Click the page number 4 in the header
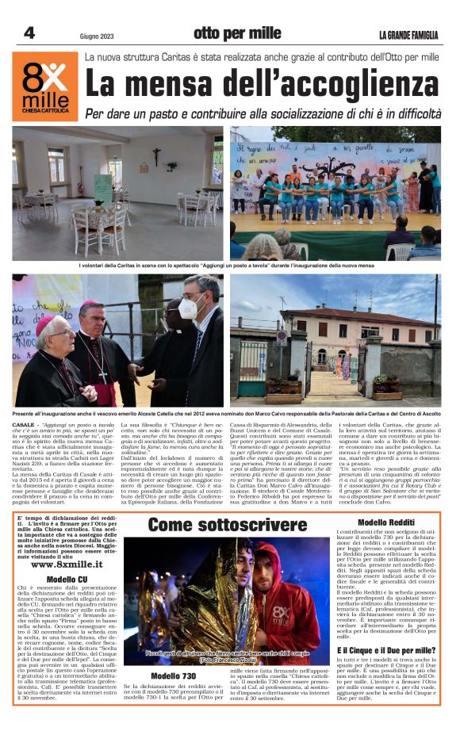(29, 33)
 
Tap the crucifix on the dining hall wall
(156, 155)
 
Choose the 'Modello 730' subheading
(174, 676)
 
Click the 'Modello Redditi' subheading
(387, 522)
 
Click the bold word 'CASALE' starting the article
(23, 426)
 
